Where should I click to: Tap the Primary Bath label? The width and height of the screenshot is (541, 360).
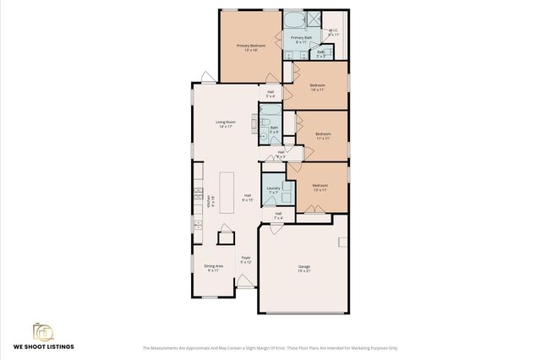point(300,39)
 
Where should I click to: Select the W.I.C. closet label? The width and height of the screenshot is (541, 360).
point(333,32)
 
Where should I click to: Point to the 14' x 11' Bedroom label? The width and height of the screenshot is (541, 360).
point(318,87)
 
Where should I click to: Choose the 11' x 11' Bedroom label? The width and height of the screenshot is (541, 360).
point(323,136)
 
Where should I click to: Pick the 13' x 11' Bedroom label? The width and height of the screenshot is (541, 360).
point(320,187)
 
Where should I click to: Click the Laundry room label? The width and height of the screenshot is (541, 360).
point(273,190)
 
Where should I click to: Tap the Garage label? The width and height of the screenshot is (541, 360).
point(303,269)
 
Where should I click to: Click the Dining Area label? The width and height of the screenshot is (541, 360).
point(213,268)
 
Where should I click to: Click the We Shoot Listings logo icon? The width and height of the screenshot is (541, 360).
point(42,330)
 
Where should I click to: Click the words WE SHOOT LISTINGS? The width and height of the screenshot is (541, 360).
point(42,346)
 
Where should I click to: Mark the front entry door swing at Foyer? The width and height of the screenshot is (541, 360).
point(245,282)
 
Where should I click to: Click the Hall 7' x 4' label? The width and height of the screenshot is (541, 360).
point(278,215)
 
